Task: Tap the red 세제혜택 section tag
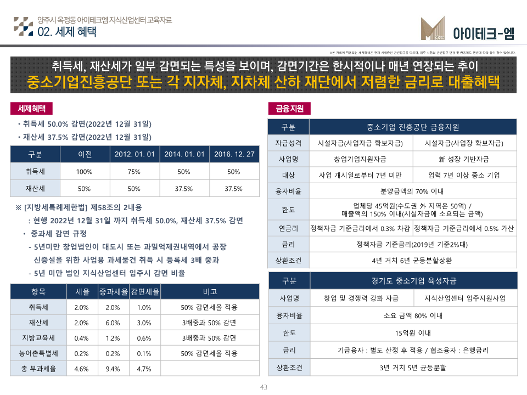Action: click(x=31, y=108)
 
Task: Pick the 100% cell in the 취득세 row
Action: click(x=84, y=172)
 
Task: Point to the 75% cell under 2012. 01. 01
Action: click(x=134, y=172)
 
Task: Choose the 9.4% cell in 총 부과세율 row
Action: click(x=113, y=368)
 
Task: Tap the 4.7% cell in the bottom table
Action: click(x=144, y=368)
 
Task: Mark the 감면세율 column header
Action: click(x=144, y=291)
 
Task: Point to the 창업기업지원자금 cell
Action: click(x=361, y=159)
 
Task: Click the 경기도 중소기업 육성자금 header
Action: click(x=413, y=281)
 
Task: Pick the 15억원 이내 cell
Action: click(x=413, y=332)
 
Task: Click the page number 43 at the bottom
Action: click(x=263, y=387)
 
